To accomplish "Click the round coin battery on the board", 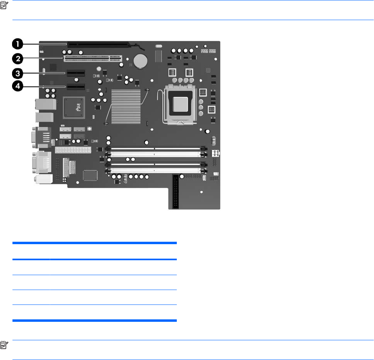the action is (x=141, y=61).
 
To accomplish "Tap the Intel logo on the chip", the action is (x=73, y=107).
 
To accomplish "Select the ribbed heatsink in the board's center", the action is (x=126, y=106).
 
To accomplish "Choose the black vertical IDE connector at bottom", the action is (x=175, y=192).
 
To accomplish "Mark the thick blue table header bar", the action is (x=95, y=243).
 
